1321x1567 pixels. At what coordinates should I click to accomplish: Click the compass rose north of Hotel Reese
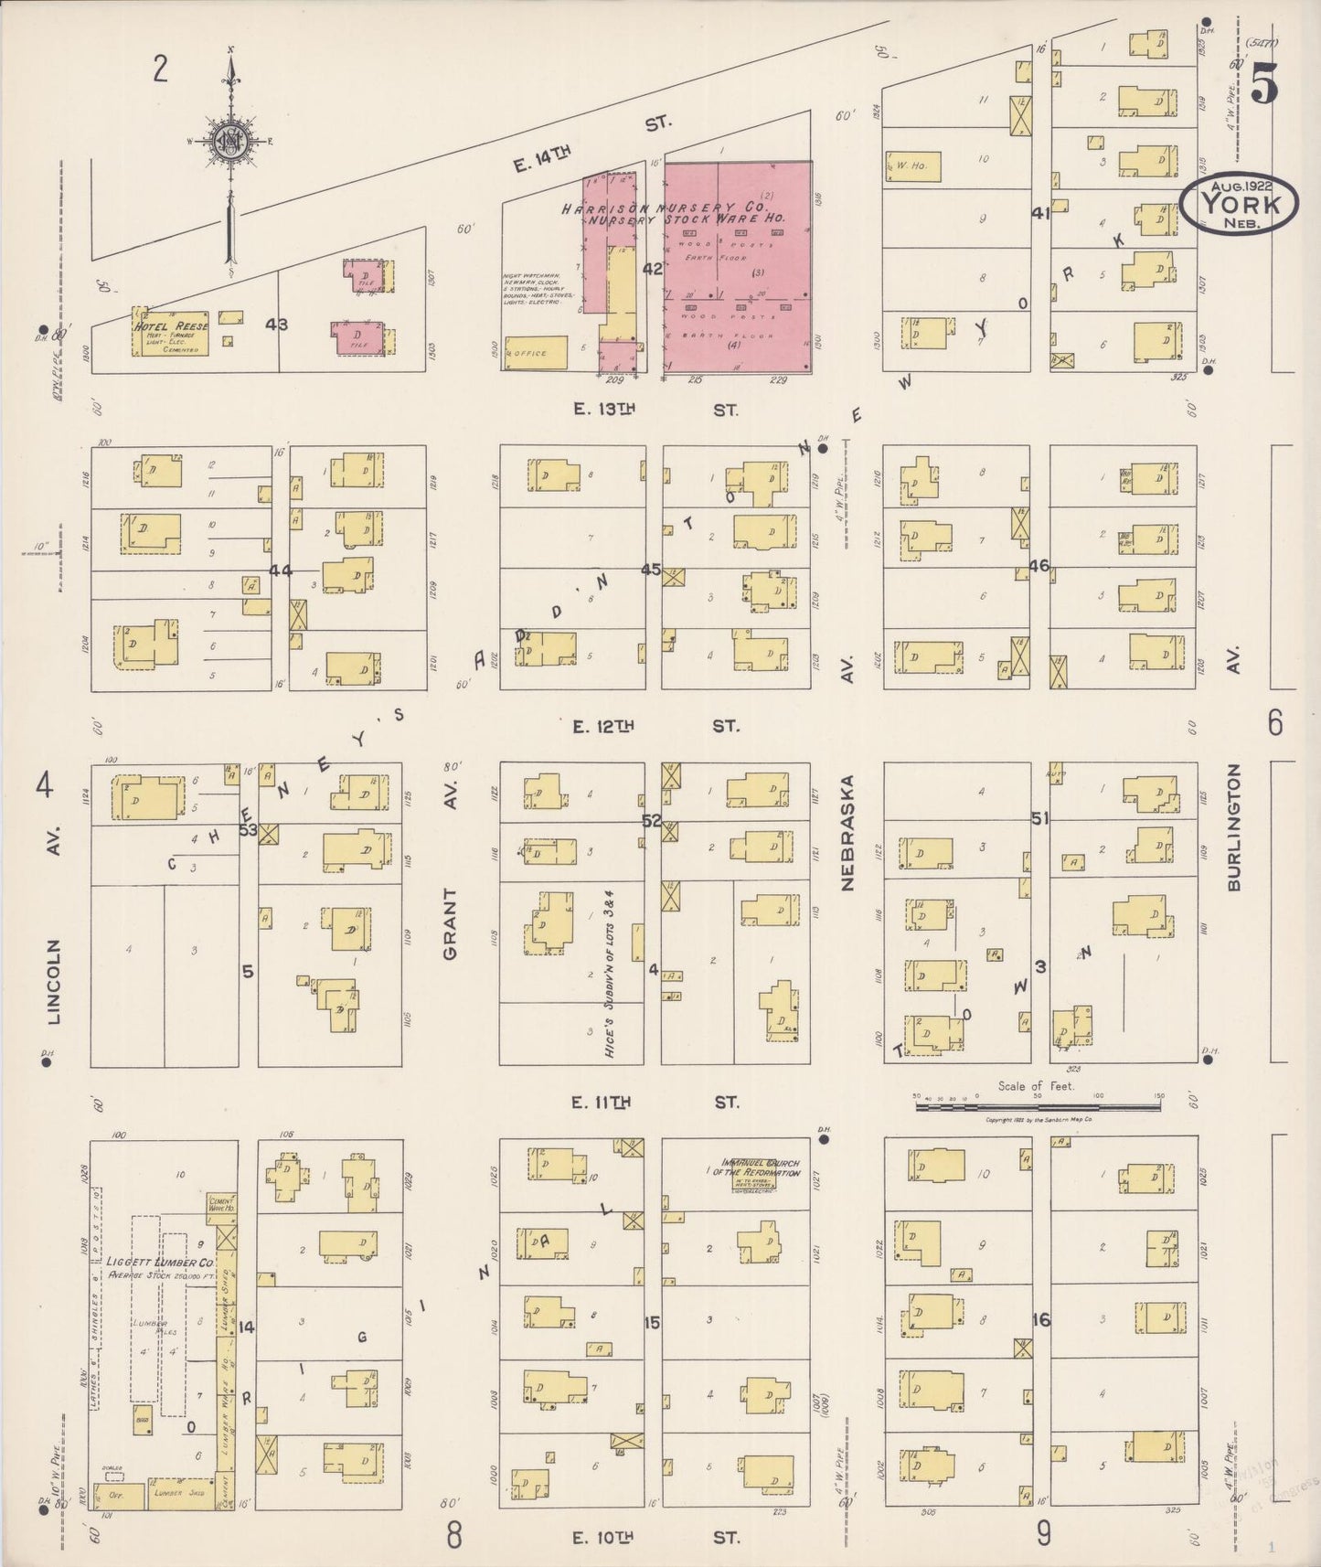(x=228, y=140)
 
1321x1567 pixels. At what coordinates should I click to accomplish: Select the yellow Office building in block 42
(x=536, y=353)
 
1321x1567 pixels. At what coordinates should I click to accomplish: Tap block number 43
(x=276, y=324)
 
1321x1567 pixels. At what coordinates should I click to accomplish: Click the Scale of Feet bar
(x=1038, y=1106)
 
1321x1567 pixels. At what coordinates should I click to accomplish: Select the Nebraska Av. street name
(x=847, y=832)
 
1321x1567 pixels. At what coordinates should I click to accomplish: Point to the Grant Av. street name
(x=450, y=923)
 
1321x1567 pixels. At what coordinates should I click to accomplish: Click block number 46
(x=1039, y=566)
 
